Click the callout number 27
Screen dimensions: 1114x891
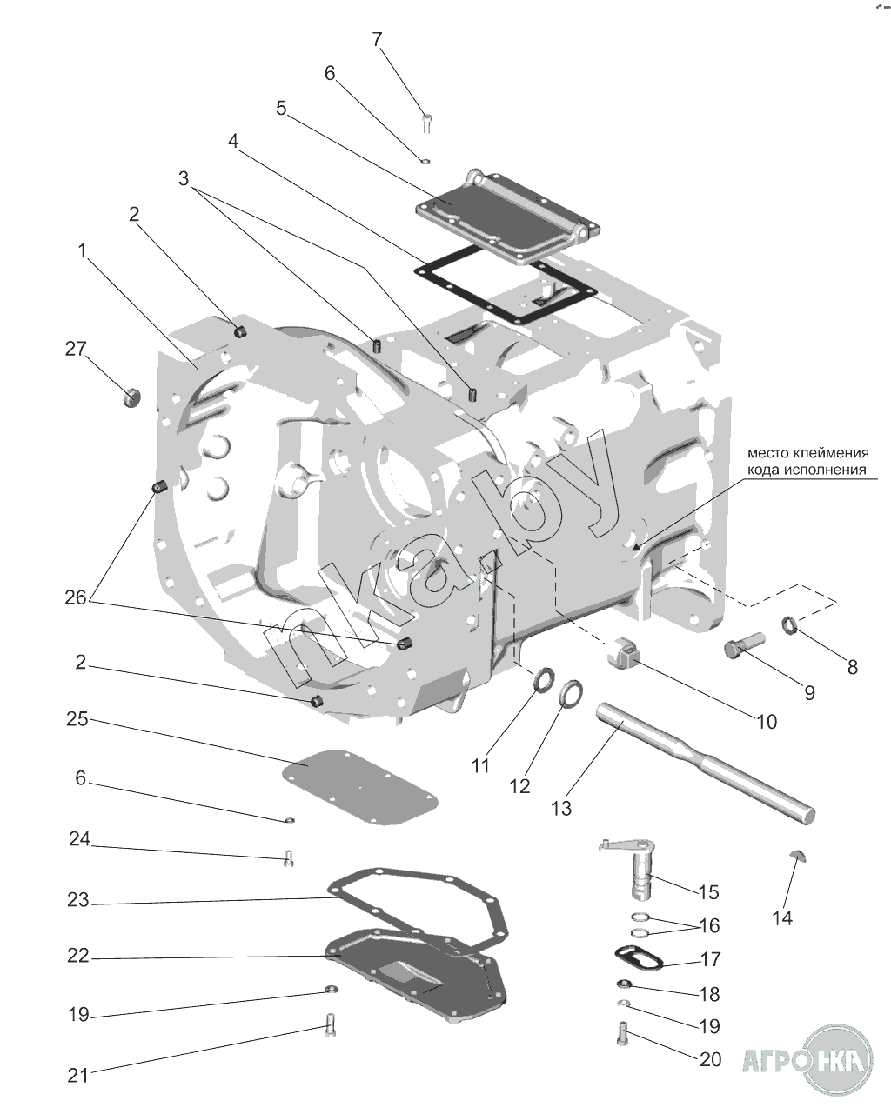(76, 349)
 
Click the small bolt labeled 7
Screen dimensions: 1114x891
(427, 123)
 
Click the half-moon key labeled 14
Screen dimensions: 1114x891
(800, 853)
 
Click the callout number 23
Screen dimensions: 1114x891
(78, 900)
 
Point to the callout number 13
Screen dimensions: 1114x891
(561, 808)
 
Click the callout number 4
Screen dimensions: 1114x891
(233, 140)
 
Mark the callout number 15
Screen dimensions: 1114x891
(708, 892)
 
